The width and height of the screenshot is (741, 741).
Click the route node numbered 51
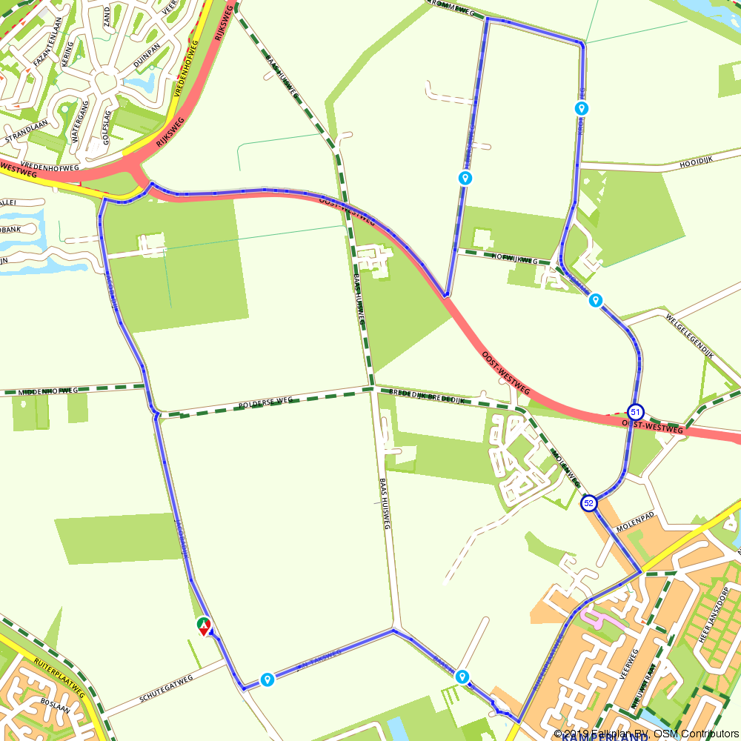click(x=635, y=411)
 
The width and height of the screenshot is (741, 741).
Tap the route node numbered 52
click(x=589, y=503)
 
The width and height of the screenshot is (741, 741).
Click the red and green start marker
click(x=204, y=627)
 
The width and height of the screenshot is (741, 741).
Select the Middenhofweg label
click(x=48, y=391)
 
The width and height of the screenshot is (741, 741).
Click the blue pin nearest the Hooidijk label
click(x=582, y=108)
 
